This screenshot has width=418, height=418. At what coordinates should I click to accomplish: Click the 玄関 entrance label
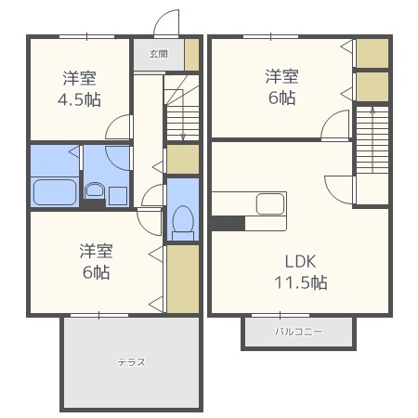tap(159, 54)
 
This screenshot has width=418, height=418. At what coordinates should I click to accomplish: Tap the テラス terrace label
tap(131, 362)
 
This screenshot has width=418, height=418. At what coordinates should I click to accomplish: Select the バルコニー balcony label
tap(298, 332)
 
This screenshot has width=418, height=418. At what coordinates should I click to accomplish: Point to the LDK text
tap(300, 262)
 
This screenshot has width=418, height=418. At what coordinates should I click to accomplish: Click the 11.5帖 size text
tap(301, 282)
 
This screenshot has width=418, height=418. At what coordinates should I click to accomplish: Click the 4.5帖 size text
tap(79, 99)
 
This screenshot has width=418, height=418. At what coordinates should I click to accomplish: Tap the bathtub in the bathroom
tap(55, 192)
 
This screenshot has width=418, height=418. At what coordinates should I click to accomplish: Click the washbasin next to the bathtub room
tap(95, 189)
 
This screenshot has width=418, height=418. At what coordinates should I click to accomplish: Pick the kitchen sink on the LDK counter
tap(270, 203)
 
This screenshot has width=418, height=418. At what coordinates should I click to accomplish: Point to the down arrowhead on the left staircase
tap(183, 137)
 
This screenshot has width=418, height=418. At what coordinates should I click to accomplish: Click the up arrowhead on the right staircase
tap(372, 111)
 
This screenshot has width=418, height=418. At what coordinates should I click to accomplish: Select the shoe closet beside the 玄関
tap(191, 55)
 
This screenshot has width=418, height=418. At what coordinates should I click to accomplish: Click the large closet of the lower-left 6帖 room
tap(183, 279)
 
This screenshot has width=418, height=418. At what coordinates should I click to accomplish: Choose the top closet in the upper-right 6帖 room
tap(372, 53)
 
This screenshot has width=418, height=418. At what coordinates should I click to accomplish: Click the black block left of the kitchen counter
tap(228, 223)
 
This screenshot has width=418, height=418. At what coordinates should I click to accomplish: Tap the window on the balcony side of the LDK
tap(281, 316)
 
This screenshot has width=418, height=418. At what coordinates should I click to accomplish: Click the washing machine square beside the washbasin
tap(118, 196)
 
